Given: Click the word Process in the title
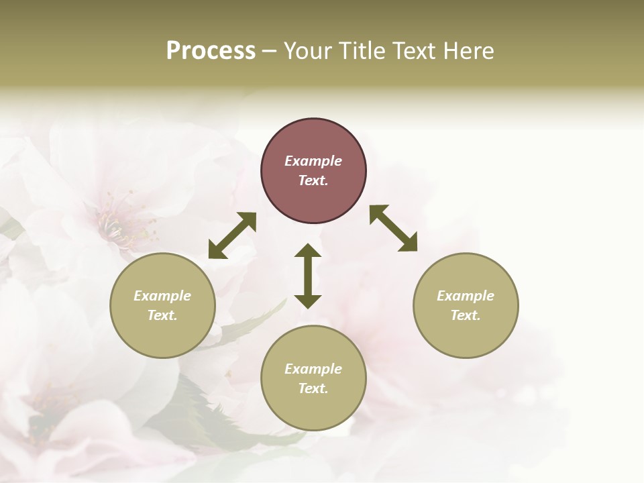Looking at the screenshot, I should pyautogui.click(x=211, y=51).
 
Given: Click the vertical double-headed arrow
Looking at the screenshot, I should pyautogui.click(x=308, y=276).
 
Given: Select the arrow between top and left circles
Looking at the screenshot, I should pyautogui.click(x=232, y=235).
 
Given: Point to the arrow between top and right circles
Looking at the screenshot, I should pyautogui.click(x=393, y=228).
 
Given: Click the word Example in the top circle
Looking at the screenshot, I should pyautogui.click(x=313, y=161).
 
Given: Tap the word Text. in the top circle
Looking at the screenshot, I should pyautogui.click(x=313, y=180).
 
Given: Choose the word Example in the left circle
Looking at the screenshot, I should pyautogui.click(x=162, y=296).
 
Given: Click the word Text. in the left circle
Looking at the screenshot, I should pyautogui.click(x=162, y=315).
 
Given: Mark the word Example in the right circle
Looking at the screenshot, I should pyautogui.click(x=466, y=296).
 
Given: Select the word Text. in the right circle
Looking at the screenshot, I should pyautogui.click(x=466, y=315).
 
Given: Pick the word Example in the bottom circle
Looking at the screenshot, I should pyautogui.click(x=313, y=369).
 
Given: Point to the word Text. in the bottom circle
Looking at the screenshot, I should pyautogui.click(x=313, y=388).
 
